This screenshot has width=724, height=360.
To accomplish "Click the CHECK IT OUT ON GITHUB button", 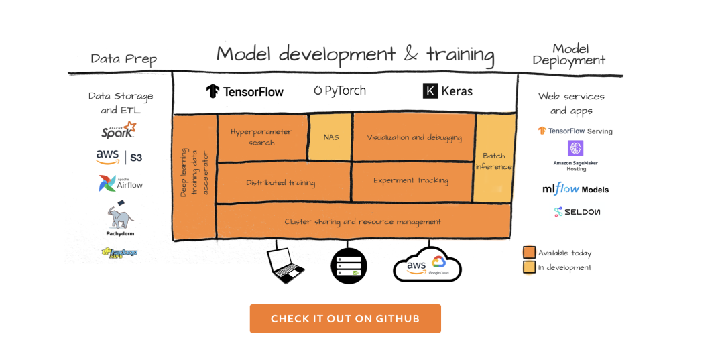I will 345,318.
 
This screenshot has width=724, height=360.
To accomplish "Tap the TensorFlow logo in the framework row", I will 245,91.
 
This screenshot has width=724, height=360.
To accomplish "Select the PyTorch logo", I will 340,91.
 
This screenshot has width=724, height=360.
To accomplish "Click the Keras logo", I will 448,91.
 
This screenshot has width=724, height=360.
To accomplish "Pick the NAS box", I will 330,137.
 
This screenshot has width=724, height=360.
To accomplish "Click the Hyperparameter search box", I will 261,137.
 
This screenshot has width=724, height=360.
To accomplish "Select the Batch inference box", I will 494,159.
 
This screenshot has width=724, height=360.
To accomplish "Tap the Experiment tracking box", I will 411,180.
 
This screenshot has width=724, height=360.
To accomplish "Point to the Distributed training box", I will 280,182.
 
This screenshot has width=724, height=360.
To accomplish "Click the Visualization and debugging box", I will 414,137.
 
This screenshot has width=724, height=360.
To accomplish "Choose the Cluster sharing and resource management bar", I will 363,221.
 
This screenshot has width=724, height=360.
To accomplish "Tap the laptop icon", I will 286,264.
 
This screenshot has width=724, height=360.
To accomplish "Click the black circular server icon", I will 349,265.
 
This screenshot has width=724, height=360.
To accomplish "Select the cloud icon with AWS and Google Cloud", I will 427,265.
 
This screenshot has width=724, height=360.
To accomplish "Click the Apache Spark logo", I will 119,129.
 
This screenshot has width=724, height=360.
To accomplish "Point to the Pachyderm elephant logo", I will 120,217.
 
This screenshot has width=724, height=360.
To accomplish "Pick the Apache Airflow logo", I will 121,183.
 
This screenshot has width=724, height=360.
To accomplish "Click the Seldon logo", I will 577,212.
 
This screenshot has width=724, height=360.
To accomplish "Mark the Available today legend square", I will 529,253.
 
